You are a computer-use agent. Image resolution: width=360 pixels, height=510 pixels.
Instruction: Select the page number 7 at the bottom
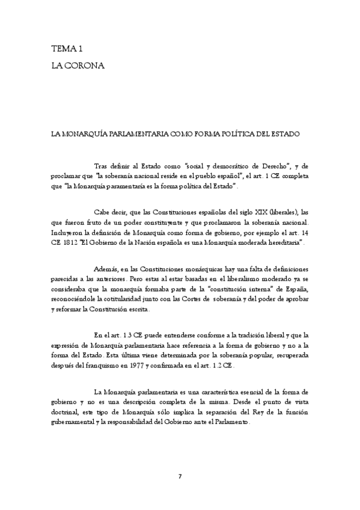point(180,476)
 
